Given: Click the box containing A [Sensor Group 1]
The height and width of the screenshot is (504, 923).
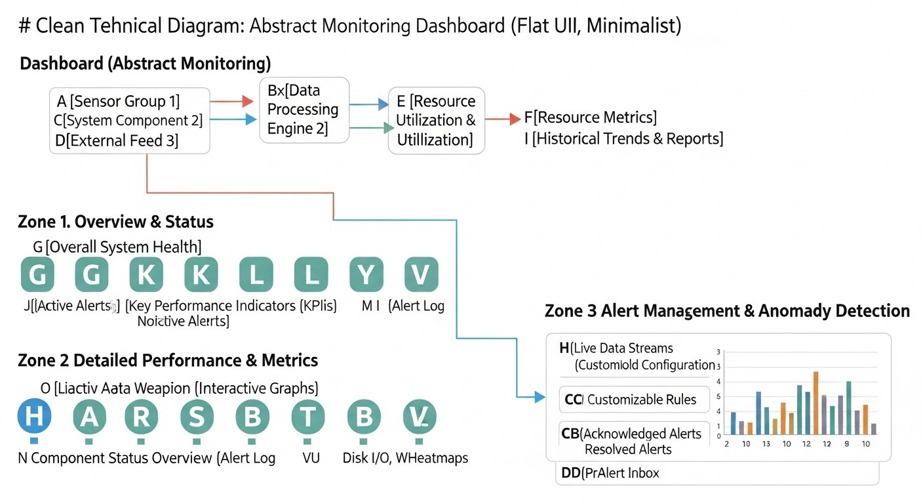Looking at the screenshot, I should [130, 121].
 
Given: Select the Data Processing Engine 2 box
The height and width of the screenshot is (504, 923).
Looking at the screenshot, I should [304, 110].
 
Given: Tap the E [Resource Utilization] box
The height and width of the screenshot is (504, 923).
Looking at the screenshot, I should [436, 121].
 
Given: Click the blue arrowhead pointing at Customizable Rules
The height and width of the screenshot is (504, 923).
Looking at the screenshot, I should [540, 396].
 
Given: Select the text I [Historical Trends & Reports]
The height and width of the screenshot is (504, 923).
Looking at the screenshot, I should [623, 139].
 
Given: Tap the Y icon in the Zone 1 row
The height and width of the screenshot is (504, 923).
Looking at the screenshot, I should [366, 275].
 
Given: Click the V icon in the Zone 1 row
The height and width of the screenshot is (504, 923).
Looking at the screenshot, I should [421, 275].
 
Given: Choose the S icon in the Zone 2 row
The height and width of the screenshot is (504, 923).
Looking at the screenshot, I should [196, 417].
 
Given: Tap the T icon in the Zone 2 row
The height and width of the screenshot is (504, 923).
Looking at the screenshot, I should [308, 417].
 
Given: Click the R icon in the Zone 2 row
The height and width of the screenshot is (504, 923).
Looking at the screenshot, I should [142, 417].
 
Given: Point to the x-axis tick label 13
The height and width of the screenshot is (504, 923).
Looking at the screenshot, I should [766, 444].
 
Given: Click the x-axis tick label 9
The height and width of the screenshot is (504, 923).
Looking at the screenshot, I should [848, 444].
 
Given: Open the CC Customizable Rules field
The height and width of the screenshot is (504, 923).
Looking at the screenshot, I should [635, 399].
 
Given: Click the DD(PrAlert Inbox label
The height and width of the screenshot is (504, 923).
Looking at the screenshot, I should [610, 472].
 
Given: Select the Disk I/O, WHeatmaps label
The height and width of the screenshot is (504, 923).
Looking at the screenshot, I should [405, 458].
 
